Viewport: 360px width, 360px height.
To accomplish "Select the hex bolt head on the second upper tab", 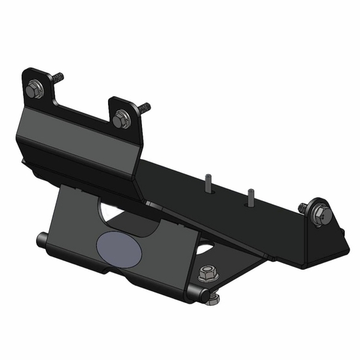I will coord(120,119).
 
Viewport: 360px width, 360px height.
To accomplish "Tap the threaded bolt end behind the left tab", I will coord(58,77).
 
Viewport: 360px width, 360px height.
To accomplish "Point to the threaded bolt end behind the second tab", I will coord(144,106).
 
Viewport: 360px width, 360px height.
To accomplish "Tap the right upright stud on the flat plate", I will coord(249,196).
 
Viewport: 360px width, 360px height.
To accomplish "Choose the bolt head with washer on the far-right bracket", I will coord(320,215).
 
